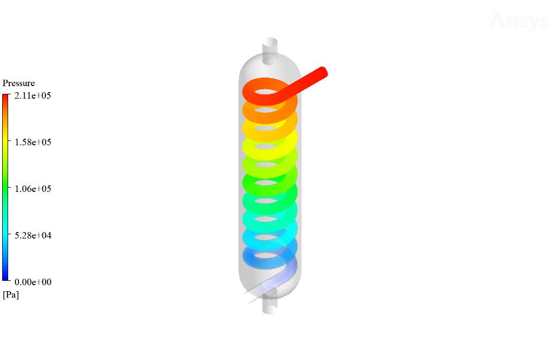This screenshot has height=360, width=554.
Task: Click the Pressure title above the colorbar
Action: tap(19, 83)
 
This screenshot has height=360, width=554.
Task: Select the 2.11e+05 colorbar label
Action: tap(33, 95)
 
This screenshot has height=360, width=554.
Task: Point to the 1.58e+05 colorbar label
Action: tap(33, 142)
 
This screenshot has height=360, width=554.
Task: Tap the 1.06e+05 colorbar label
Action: tap(33, 189)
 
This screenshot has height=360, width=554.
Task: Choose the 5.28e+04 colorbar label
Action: tap(33, 235)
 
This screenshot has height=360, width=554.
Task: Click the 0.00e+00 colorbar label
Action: tap(33, 282)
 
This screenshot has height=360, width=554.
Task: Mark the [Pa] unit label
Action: tap(11, 294)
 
